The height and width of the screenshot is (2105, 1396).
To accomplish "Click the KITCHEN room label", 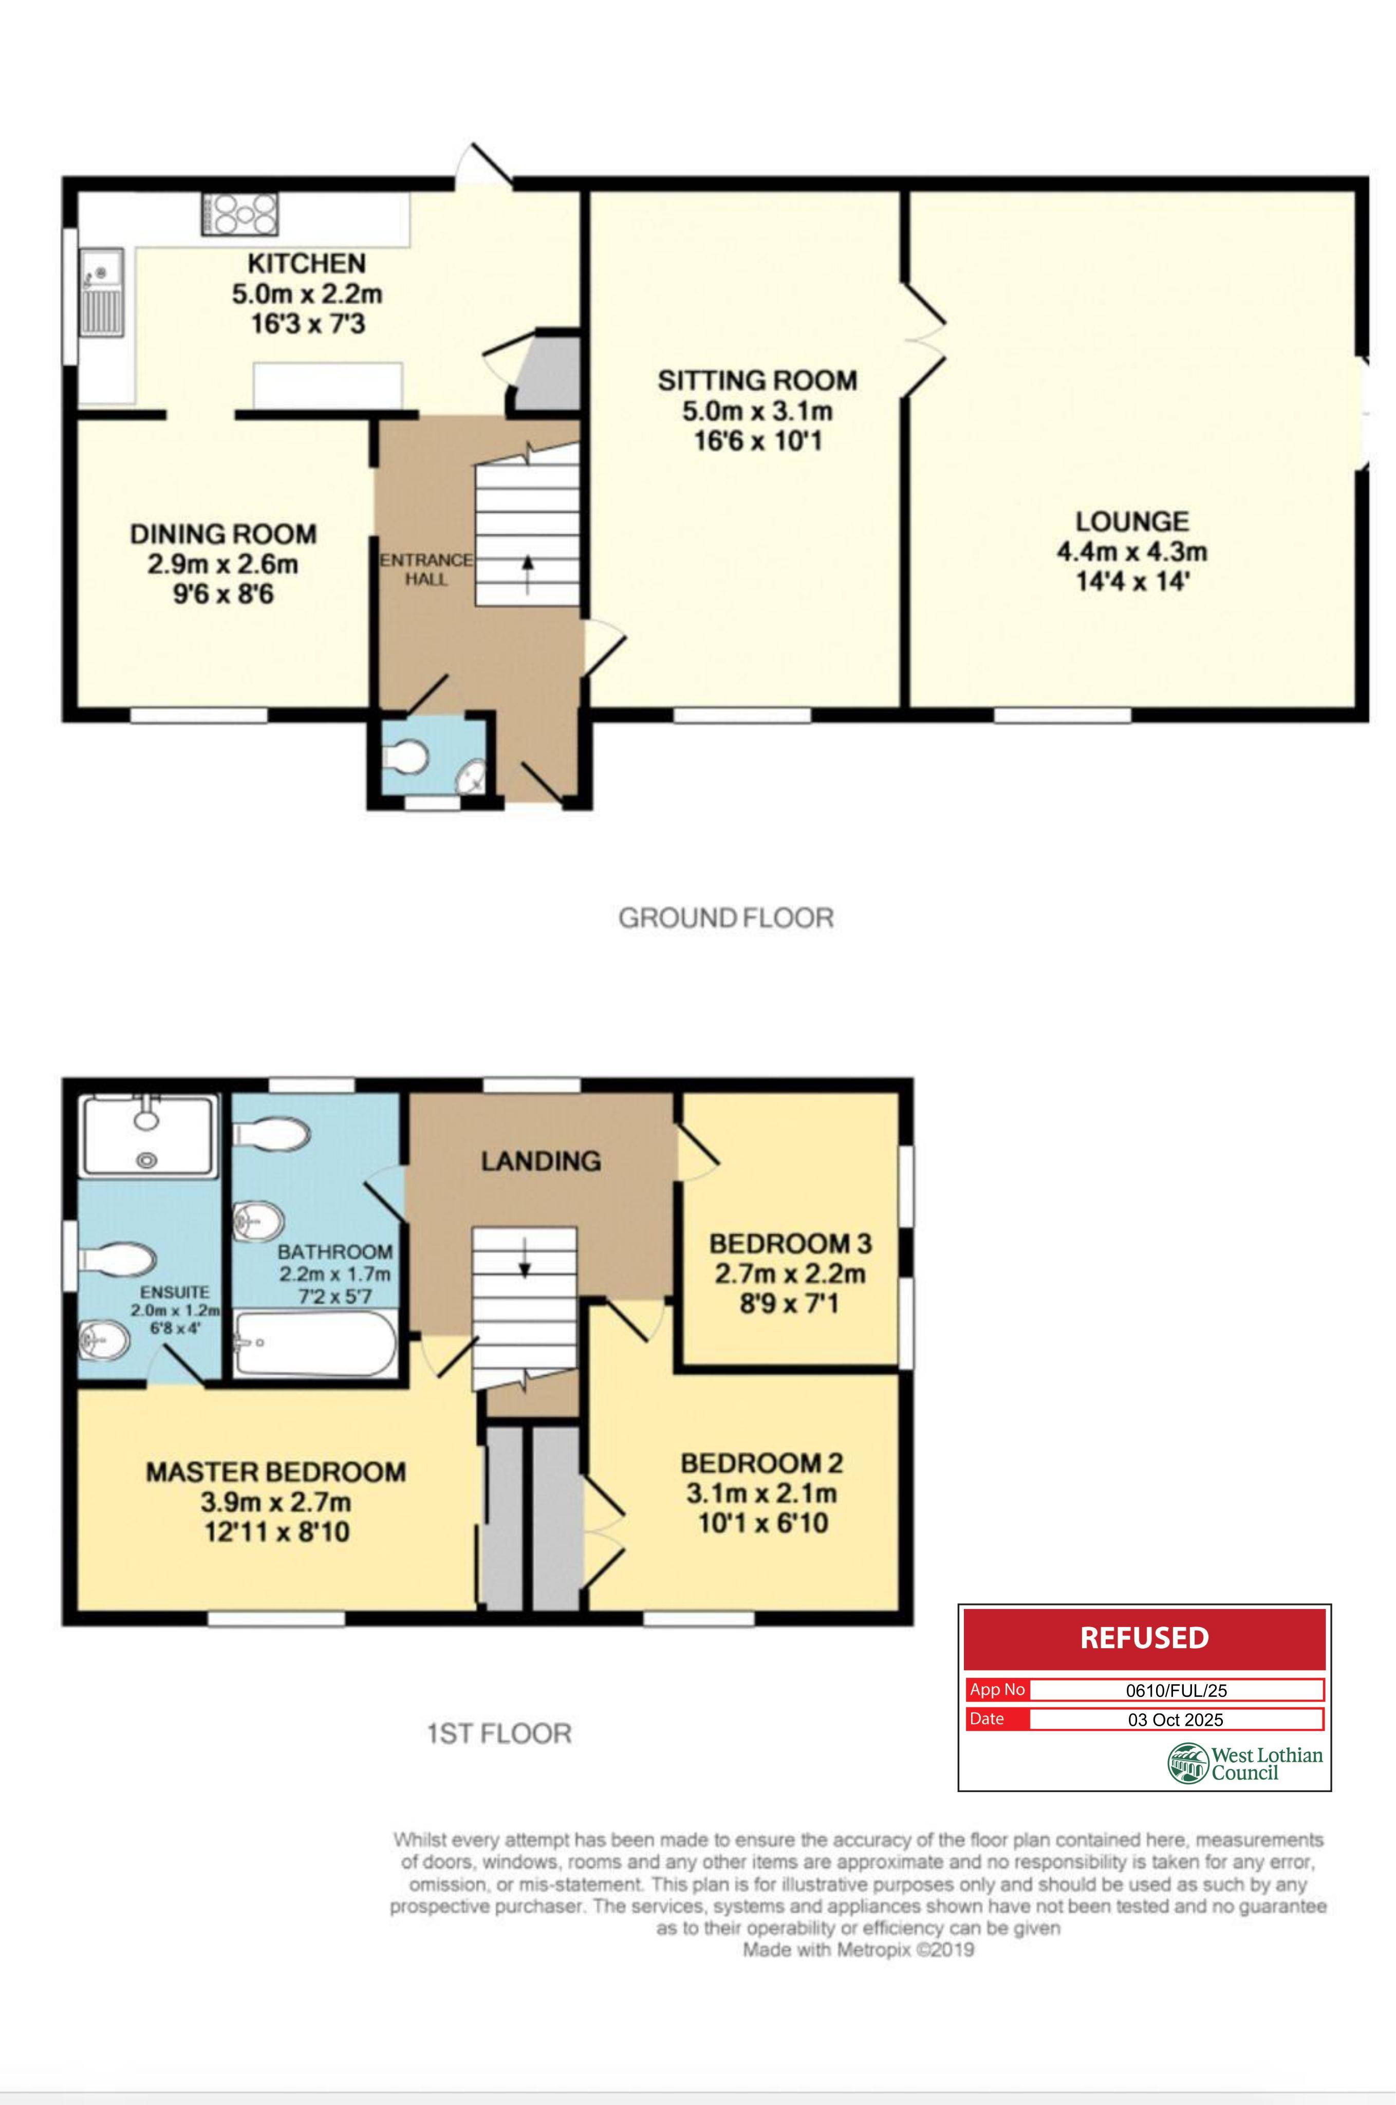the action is (306, 264).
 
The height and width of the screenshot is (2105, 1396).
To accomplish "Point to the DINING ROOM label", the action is (224, 534).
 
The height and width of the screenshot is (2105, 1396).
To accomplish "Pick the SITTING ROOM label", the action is (758, 381).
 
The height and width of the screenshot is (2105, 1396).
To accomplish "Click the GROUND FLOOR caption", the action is (727, 918).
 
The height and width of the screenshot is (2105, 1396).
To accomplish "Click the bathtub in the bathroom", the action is (315, 1344).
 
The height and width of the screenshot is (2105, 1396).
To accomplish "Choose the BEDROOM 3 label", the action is (791, 1244).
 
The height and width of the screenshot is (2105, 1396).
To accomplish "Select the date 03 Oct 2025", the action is (1176, 1720).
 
